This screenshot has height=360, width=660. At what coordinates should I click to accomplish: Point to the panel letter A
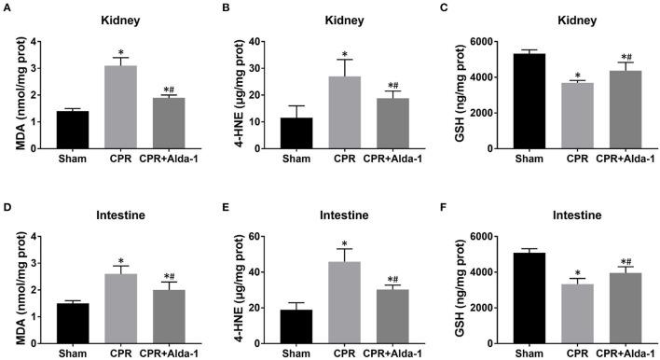click(x=7, y=8)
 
